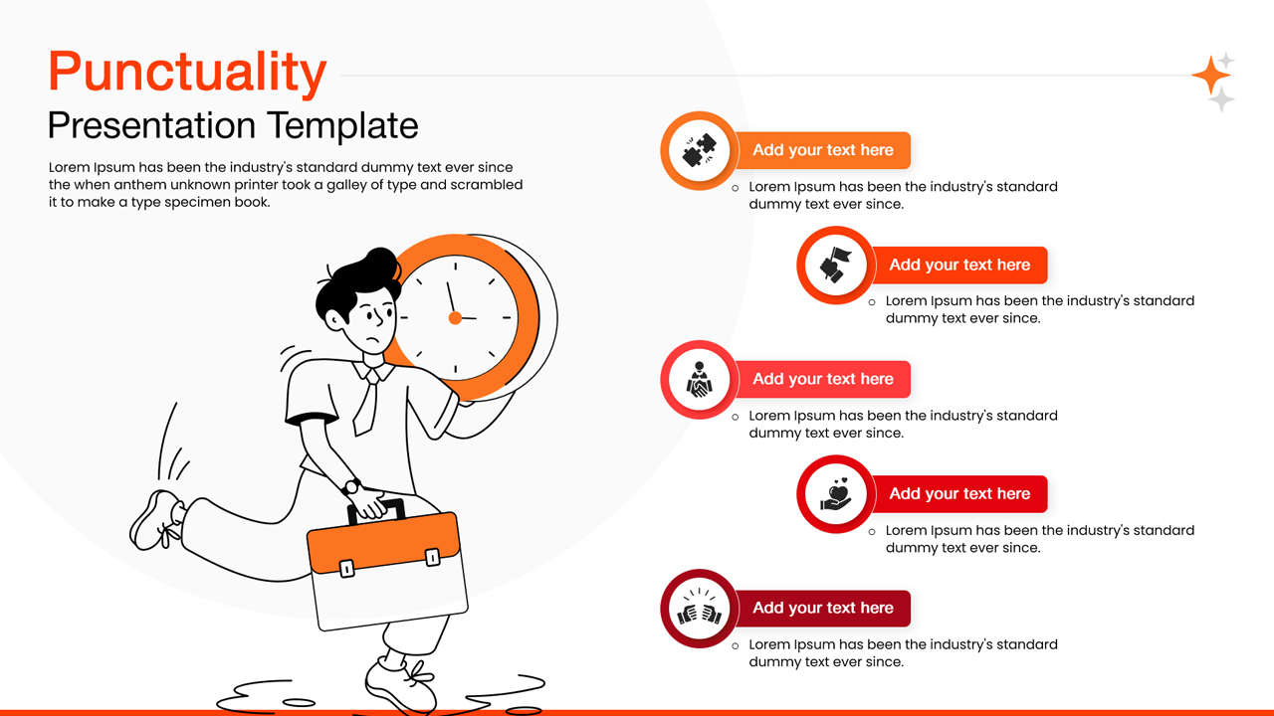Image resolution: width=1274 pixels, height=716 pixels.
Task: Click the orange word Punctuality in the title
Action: [187, 72]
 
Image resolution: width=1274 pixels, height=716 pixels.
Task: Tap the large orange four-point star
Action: [1210, 76]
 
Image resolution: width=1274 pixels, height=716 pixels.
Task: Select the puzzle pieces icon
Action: [699, 150]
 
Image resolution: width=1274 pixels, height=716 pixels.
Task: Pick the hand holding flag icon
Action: [835, 266]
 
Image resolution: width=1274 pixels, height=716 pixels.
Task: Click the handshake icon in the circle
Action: [699, 380]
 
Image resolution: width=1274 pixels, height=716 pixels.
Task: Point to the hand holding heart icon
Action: [835, 494]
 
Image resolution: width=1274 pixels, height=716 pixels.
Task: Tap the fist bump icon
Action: [699, 609]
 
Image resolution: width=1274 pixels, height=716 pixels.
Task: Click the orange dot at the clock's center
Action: [455, 318]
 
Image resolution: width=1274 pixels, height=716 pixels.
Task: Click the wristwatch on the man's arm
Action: [351, 487]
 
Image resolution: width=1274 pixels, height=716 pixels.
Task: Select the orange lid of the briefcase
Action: [384, 543]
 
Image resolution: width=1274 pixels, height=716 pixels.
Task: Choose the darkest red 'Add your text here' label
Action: [823, 609]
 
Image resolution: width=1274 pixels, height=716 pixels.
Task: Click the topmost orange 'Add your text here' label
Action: [823, 150]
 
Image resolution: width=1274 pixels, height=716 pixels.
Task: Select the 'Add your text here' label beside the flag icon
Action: [959, 266]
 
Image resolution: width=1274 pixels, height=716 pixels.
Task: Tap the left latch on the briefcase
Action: [347, 569]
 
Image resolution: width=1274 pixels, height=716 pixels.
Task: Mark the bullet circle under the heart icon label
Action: [873, 532]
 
